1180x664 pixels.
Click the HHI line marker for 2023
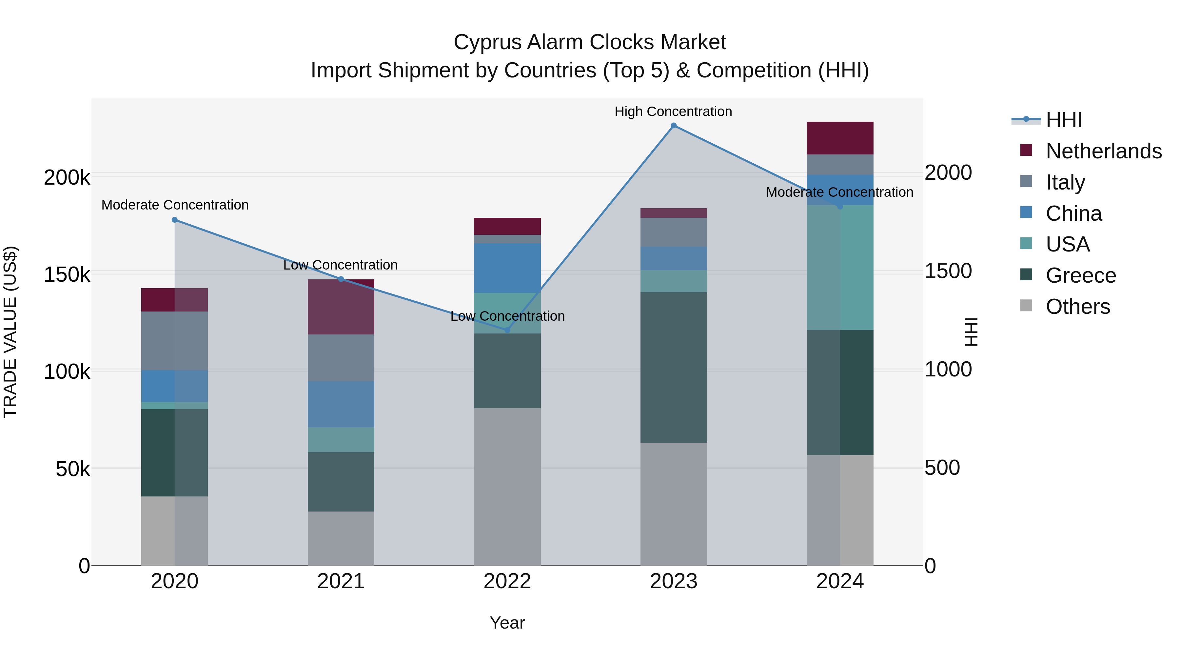click(673, 126)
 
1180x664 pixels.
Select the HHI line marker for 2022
click(507, 330)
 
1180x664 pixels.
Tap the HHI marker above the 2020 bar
click(174, 220)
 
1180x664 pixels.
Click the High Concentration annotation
click(673, 111)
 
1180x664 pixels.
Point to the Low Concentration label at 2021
click(340, 265)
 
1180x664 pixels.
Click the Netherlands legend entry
click(1103, 151)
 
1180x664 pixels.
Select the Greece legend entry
click(1081, 275)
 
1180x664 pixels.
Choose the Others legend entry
click(1077, 307)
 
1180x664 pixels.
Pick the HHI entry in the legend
click(1064, 120)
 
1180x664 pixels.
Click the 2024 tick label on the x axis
click(840, 581)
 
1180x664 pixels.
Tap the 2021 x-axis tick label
click(341, 581)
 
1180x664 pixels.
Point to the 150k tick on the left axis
click(67, 275)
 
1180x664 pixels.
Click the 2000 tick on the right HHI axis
click(948, 173)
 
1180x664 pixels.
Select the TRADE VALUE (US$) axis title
click(10, 332)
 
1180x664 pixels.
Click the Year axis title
click(507, 623)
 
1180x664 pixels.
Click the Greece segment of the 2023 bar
click(673, 367)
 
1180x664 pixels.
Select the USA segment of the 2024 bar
click(840, 267)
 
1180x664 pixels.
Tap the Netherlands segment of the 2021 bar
click(341, 307)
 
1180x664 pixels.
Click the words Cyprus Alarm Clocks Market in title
click(590, 42)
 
